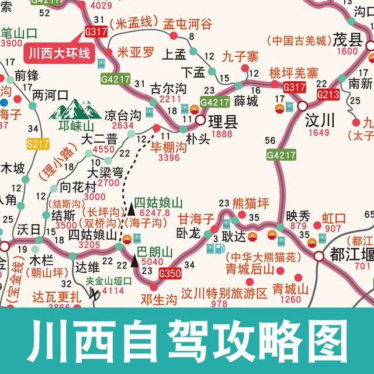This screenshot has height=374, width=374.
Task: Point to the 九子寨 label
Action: [x=240, y=57]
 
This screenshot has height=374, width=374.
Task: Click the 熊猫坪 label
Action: [x=250, y=203]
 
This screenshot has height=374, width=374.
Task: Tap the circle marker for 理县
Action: [x=200, y=121]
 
